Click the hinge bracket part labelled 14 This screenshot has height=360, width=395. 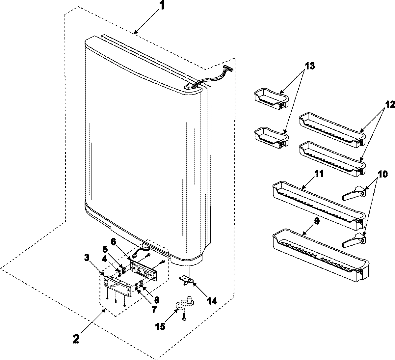pos(188,280)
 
